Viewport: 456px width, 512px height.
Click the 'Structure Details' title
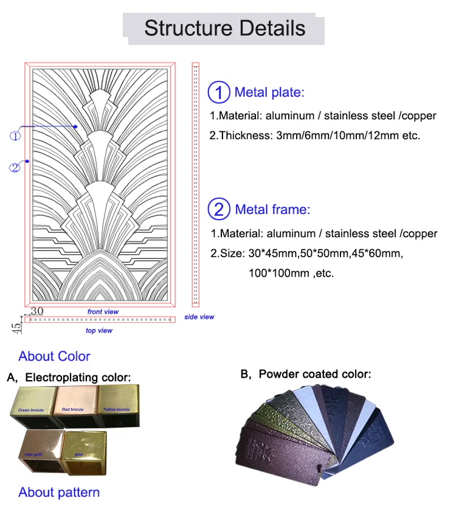coord(224,28)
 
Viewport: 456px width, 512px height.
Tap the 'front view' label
coord(103,312)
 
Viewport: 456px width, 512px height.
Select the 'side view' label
coord(199,317)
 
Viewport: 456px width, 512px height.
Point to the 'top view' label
coord(98,331)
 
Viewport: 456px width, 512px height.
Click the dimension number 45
coord(18,326)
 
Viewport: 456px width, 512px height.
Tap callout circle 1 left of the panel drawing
coord(15,136)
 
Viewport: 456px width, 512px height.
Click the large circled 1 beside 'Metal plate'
coord(219,92)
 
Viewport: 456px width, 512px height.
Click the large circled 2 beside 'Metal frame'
coord(219,210)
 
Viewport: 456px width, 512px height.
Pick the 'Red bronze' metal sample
coord(73,407)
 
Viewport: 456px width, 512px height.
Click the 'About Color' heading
coord(54,356)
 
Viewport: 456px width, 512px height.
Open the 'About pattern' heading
coord(59,492)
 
